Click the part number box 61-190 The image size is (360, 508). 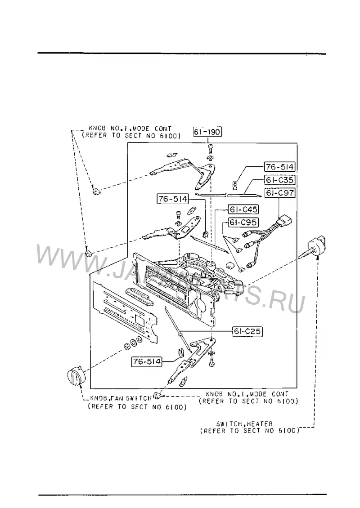(x=207, y=132)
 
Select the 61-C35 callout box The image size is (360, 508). (x=280, y=180)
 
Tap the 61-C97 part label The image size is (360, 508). (x=280, y=193)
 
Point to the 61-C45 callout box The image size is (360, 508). (x=243, y=209)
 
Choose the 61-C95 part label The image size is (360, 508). (x=243, y=223)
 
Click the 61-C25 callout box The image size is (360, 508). (x=247, y=331)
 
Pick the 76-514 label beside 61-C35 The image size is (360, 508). (x=280, y=167)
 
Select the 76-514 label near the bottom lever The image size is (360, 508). (x=147, y=361)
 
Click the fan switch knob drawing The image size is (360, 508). (x=75, y=376)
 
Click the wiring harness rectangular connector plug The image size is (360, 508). (x=285, y=222)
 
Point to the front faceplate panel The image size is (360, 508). (x=125, y=311)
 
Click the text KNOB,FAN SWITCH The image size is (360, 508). (x=121, y=398)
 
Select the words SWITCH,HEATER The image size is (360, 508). (x=244, y=424)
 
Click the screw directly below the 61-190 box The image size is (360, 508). (x=210, y=149)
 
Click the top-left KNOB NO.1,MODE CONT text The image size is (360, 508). (x=130, y=129)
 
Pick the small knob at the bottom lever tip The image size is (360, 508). (x=157, y=396)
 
